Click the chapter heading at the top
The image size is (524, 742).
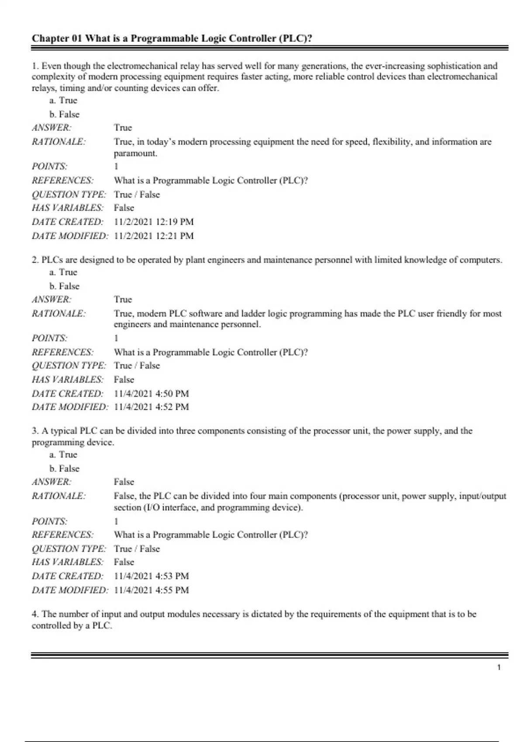pos(172,38)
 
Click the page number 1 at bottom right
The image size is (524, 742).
pos(499,667)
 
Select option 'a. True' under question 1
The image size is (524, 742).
pos(63,100)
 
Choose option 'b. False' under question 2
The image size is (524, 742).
pos(64,286)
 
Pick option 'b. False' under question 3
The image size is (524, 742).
pos(64,469)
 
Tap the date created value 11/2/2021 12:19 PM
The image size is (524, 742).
pos(154,222)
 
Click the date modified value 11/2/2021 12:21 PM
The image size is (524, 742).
pos(154,236)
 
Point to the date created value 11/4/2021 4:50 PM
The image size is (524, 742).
pos(152,394)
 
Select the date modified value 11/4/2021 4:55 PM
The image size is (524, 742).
pos(152,590)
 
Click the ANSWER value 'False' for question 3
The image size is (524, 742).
pos(124,482)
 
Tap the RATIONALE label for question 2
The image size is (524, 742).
pos(59,313)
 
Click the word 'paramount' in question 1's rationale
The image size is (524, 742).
pos(134,153)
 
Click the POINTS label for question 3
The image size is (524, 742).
pos(49,521)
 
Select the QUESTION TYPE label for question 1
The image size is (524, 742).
pos(69,195)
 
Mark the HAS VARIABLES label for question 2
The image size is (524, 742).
pos(67,380)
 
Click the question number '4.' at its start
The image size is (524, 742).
pos(35,614)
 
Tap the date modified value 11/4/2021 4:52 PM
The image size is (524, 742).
pos(152,407)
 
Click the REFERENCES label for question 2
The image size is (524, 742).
pos(62,352)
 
